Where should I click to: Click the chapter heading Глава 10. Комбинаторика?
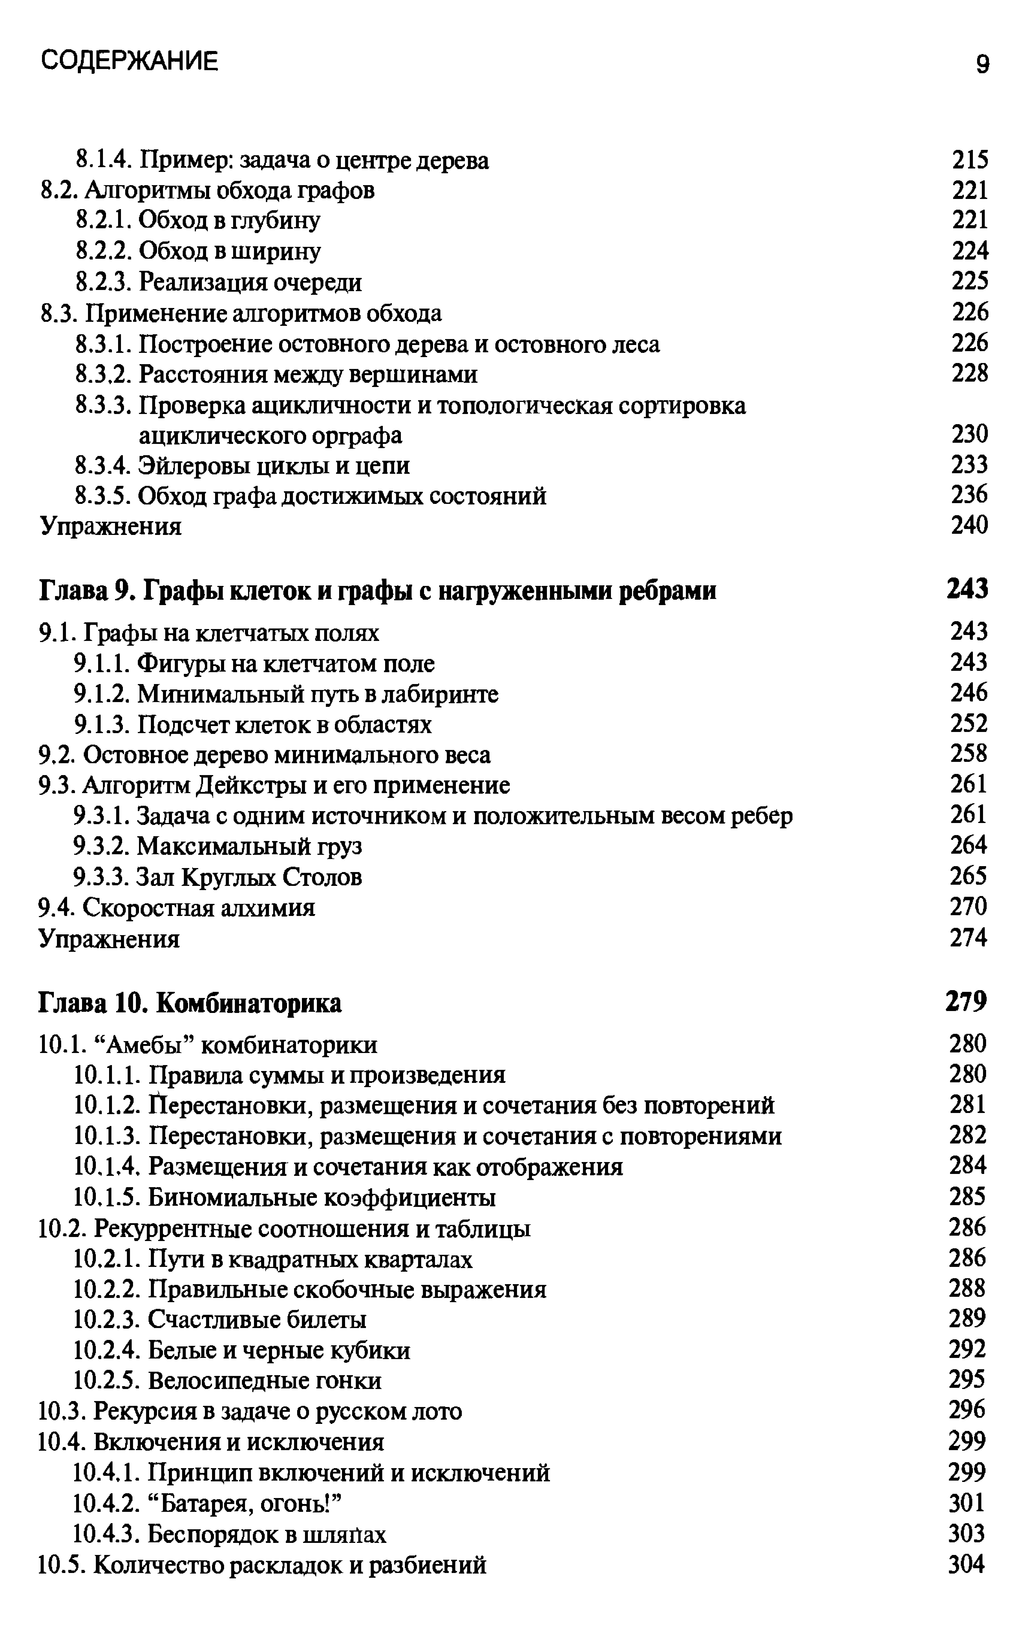coord(190,1002)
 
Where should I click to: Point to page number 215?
coord(970,160)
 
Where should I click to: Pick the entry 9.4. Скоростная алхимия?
coord(177,908)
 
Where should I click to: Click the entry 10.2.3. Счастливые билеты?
coord(220,1319)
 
